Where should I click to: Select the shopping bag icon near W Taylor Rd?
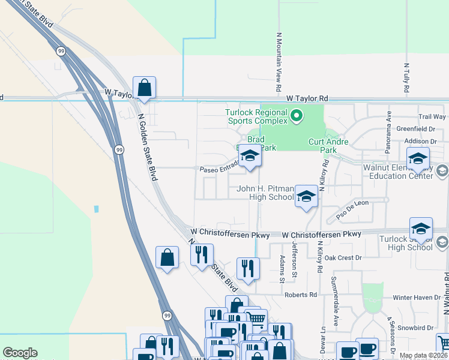point(144,88)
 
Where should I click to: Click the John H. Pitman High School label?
point(265,193)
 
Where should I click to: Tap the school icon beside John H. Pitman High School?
point(306,196)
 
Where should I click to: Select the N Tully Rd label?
point(406,78)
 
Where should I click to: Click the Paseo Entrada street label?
point(220,169)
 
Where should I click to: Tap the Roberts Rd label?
point(301,295)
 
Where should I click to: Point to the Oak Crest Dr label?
point(343,257)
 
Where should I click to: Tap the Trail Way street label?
point(432,117)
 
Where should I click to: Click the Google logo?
point(20,353)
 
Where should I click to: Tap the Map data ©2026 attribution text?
point(423,355)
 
